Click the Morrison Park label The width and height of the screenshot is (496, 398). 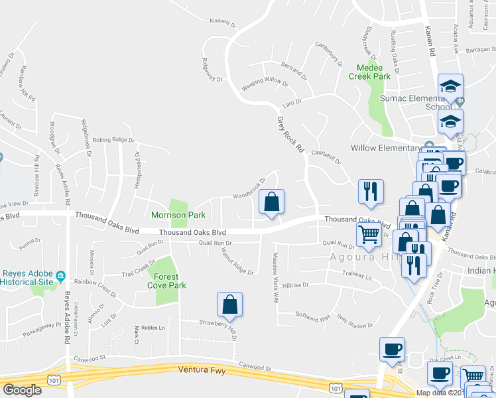click(x=177, y=216)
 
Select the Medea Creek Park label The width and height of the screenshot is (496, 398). click(x=373, y=72)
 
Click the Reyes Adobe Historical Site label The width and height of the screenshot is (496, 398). click(x=27, y=278)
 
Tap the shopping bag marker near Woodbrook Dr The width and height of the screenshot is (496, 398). click(x=271, y=202)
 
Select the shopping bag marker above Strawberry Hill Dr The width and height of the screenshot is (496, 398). click(x=229, y=304)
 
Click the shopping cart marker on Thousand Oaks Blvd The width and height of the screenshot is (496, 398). click(x=369, y=233)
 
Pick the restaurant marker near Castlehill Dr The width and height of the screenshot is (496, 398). click(x=370, y=191)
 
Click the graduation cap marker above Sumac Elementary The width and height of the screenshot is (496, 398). click(x=451, y=86)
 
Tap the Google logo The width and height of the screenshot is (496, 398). click(x=22, y=390)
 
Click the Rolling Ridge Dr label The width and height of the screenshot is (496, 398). click(x=113, y=141)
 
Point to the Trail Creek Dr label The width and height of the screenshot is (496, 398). click(x=137, y=273)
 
